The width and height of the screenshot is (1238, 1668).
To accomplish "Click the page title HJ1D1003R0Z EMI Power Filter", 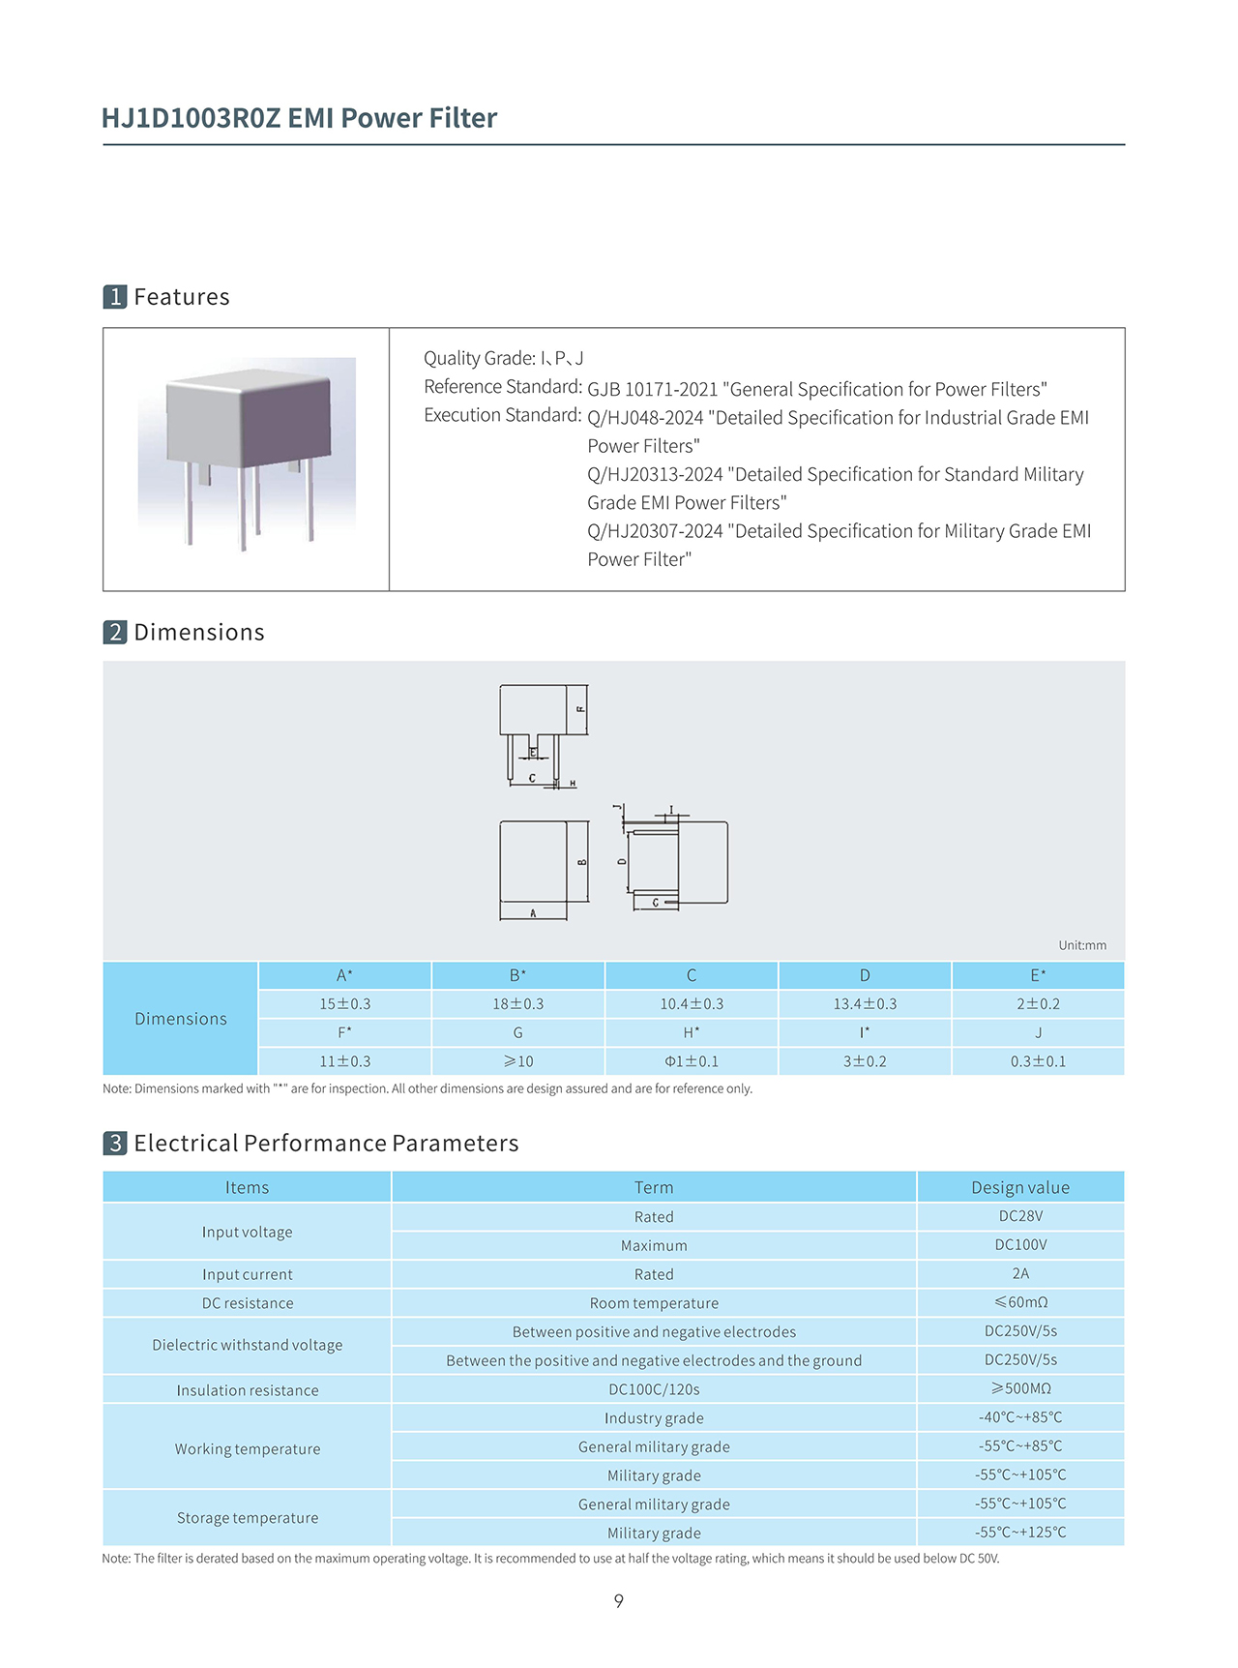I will pos(299,118).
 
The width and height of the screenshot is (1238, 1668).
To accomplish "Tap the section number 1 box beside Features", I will pos(115,297).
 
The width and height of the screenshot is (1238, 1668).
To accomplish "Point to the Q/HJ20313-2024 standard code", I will pos(655,474).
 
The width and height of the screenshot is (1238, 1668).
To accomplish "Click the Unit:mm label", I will pos(1081,945).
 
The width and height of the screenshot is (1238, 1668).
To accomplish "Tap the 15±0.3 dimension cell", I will pos(345,1004).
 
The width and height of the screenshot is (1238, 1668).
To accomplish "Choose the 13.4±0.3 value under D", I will pos(865,1004).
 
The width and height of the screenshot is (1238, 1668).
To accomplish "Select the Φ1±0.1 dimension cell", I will pos(692,1061).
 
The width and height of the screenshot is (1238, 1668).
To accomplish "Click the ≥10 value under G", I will pos(518,1061).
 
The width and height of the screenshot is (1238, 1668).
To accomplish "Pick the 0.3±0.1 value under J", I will pos(1038,1061).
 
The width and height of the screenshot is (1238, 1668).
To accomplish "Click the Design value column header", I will pos(1020,1187).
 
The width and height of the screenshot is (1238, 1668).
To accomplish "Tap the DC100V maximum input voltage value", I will pos(1020,1245).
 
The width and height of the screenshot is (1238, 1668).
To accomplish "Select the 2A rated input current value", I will pos(1020,1274).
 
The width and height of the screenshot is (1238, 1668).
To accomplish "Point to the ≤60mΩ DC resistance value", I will pos(1020,1302).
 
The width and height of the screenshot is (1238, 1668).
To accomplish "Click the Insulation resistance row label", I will pos(248,1390).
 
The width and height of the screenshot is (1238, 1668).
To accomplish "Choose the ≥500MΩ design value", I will pos(1020,1388).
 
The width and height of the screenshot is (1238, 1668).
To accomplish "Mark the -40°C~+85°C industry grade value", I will pos(1020,1417).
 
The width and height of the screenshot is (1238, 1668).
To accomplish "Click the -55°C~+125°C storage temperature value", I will pos(1020,1533).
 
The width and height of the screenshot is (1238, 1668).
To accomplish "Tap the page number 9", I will pos(619,1601).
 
